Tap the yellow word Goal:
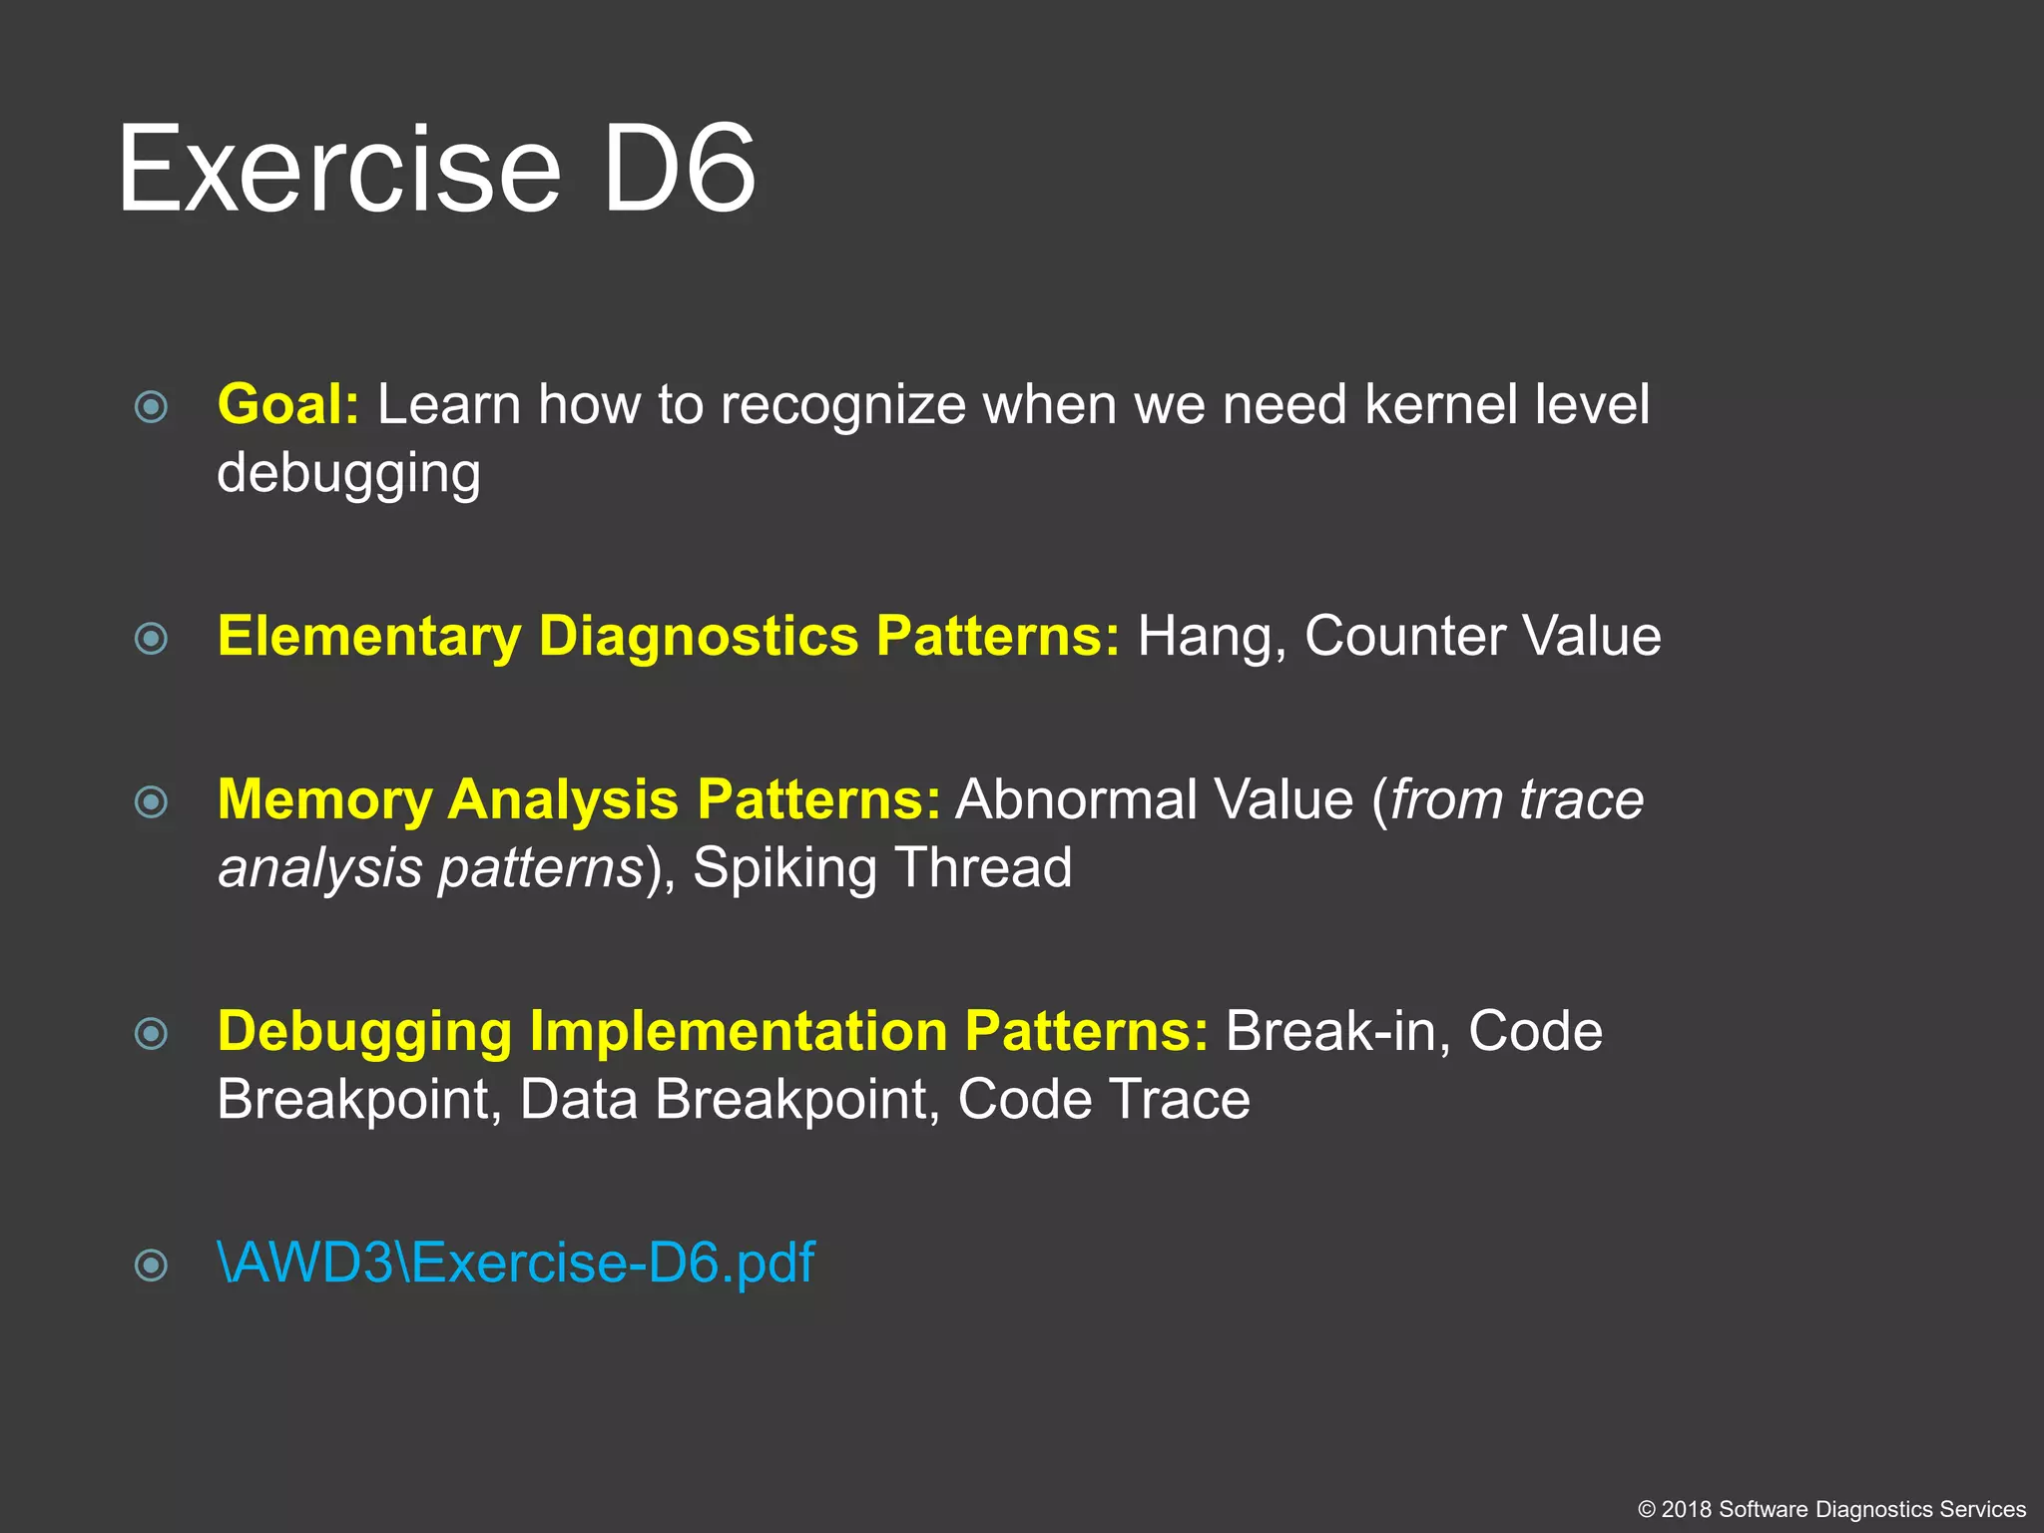tap(287, 405)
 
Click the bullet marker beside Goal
tap(151, 407)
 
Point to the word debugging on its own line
tap(348, 474)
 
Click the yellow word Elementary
tap(369, 637)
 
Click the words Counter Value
tap(1482, 637)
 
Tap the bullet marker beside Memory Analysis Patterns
tap(151, 801)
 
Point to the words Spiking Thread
tap(882, 868)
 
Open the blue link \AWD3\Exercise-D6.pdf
tap(516, 1264)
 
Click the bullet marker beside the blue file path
tap(151, 1266)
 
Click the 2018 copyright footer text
tap(1831, 1509)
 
